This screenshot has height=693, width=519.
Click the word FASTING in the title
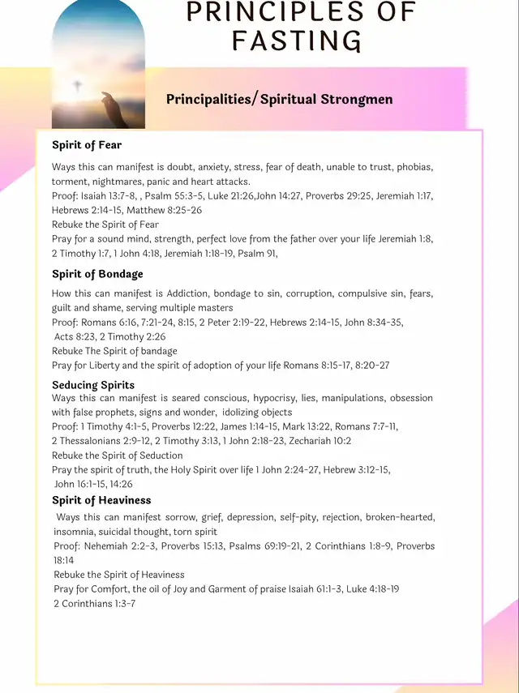coord(296,40)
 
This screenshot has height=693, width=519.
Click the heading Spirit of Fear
coord(87,145)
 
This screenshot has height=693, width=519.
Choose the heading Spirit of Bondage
coord(97,274)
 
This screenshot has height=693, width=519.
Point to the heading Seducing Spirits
coord(93,385)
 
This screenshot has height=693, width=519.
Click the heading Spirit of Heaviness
coord(101,500)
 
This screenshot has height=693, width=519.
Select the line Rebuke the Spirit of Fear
coord(105,225)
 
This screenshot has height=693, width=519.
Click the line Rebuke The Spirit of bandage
coord(114,351)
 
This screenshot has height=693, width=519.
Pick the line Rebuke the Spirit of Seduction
coord(118,456)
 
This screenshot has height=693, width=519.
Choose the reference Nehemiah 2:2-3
coord(122,546)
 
